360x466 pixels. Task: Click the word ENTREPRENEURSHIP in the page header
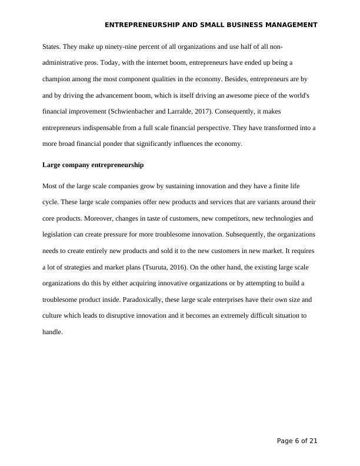click(x=139, y=25)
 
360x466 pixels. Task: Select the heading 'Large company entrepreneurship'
click(x=93, y=165)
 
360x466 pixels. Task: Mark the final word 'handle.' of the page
click(x=52, y=332)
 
